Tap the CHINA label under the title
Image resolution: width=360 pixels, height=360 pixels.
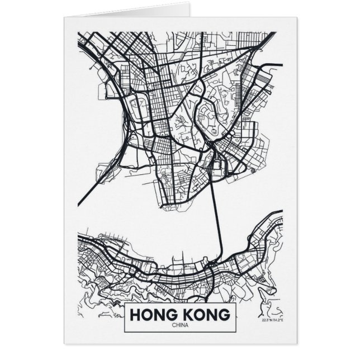pyautogui.click(x=180, y=325)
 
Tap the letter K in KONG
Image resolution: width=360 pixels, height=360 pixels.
pyautogui.click(x=187, y=315)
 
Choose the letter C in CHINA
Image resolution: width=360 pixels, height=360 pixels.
pyautogui.click(x=174, y=325)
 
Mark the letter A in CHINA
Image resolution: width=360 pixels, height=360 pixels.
pyautogui.click(x=186, y=325)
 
